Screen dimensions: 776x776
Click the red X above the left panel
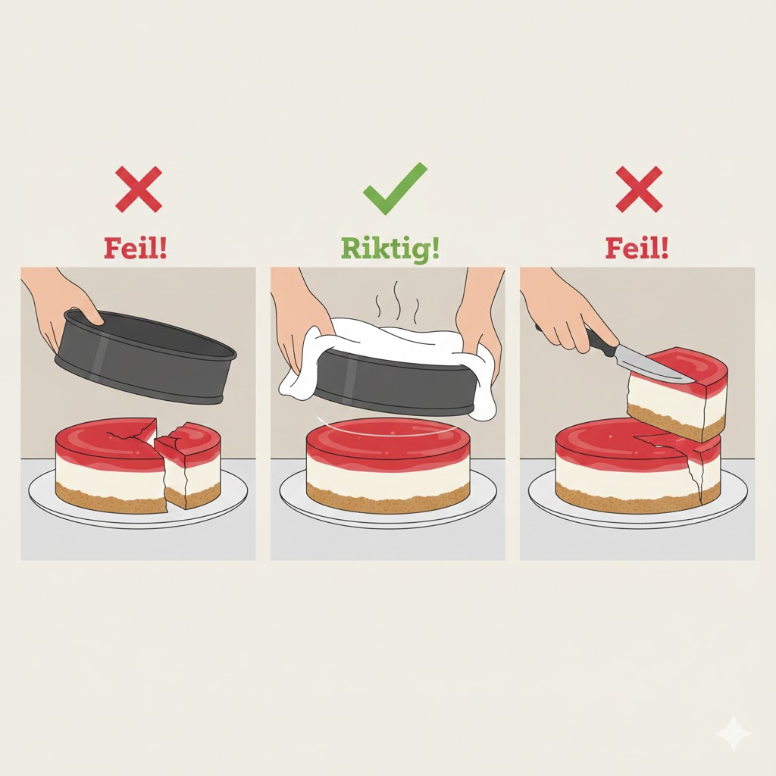[x=139, y=189]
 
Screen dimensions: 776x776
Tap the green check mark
[x=394, y=187]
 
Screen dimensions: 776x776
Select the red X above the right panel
[x=639, y=189]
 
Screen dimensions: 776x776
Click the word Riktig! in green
[x=390, y=248]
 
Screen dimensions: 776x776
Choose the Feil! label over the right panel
[x=637, y=248]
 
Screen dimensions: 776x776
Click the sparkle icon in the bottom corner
[x=733, y=733]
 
